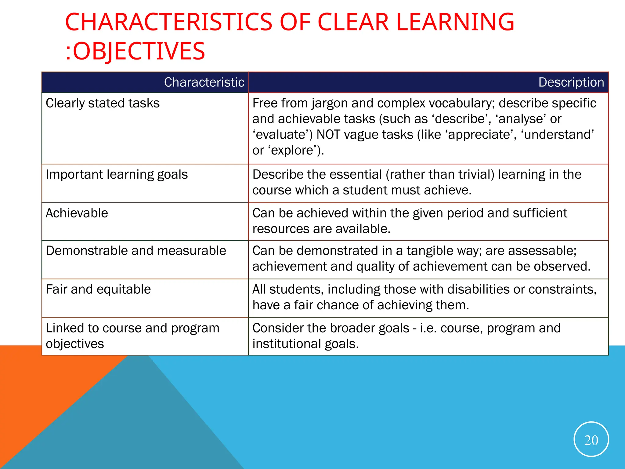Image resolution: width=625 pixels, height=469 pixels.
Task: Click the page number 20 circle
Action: pos(591,439)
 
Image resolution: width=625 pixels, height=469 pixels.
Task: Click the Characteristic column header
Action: pos(204,82)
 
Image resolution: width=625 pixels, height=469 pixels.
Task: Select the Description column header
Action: pos(571,82)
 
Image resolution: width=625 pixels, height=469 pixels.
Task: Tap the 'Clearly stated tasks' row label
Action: pos(103,103)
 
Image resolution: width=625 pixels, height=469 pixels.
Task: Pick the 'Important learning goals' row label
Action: pos(117,175)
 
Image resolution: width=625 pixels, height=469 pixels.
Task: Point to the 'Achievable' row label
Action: pos(77,213)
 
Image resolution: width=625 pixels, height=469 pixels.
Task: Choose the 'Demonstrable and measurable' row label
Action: pos(136,251)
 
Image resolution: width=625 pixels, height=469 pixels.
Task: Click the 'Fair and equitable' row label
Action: pos(98,289)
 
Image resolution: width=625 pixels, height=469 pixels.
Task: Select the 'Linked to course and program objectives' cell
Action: pos(132,336)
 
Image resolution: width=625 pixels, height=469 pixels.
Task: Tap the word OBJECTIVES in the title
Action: pos(139,51)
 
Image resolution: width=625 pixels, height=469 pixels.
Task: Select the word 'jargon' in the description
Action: pos(329,103)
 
